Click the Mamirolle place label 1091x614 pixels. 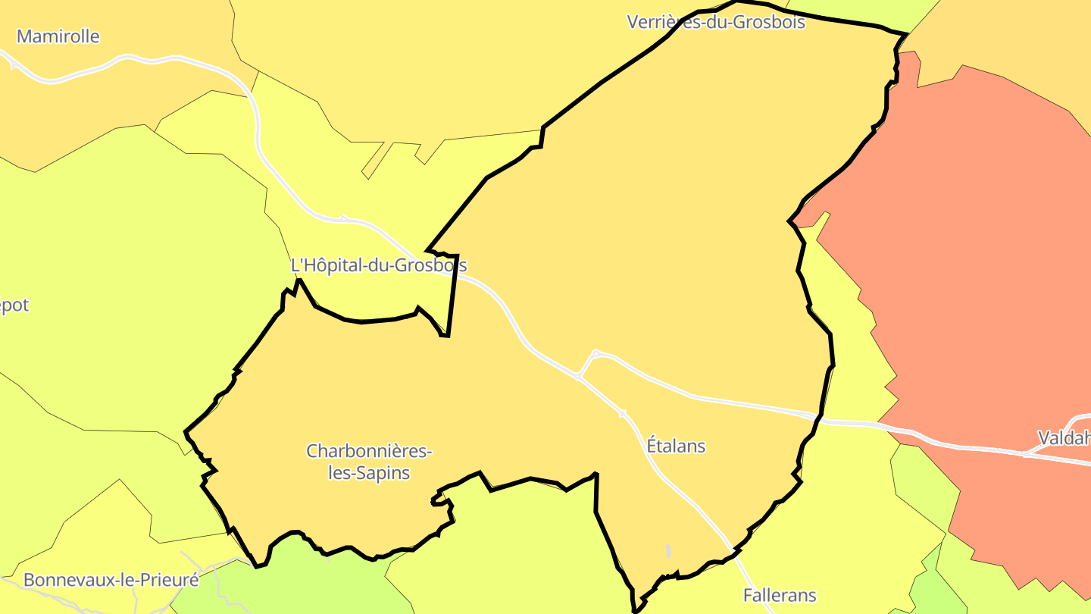58,36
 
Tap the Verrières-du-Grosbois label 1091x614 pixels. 715,21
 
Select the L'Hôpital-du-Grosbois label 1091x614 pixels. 379,265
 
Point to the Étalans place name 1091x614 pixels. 676,446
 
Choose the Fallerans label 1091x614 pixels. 780,595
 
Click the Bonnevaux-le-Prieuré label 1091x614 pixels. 111,580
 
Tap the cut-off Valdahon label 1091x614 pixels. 1064,437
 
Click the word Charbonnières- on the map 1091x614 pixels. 369,451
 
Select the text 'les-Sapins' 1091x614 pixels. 369,473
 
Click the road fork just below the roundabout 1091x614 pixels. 578,376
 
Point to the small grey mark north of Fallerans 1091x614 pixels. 668,551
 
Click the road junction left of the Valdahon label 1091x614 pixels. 1026,454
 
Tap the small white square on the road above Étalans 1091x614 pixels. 622,414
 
